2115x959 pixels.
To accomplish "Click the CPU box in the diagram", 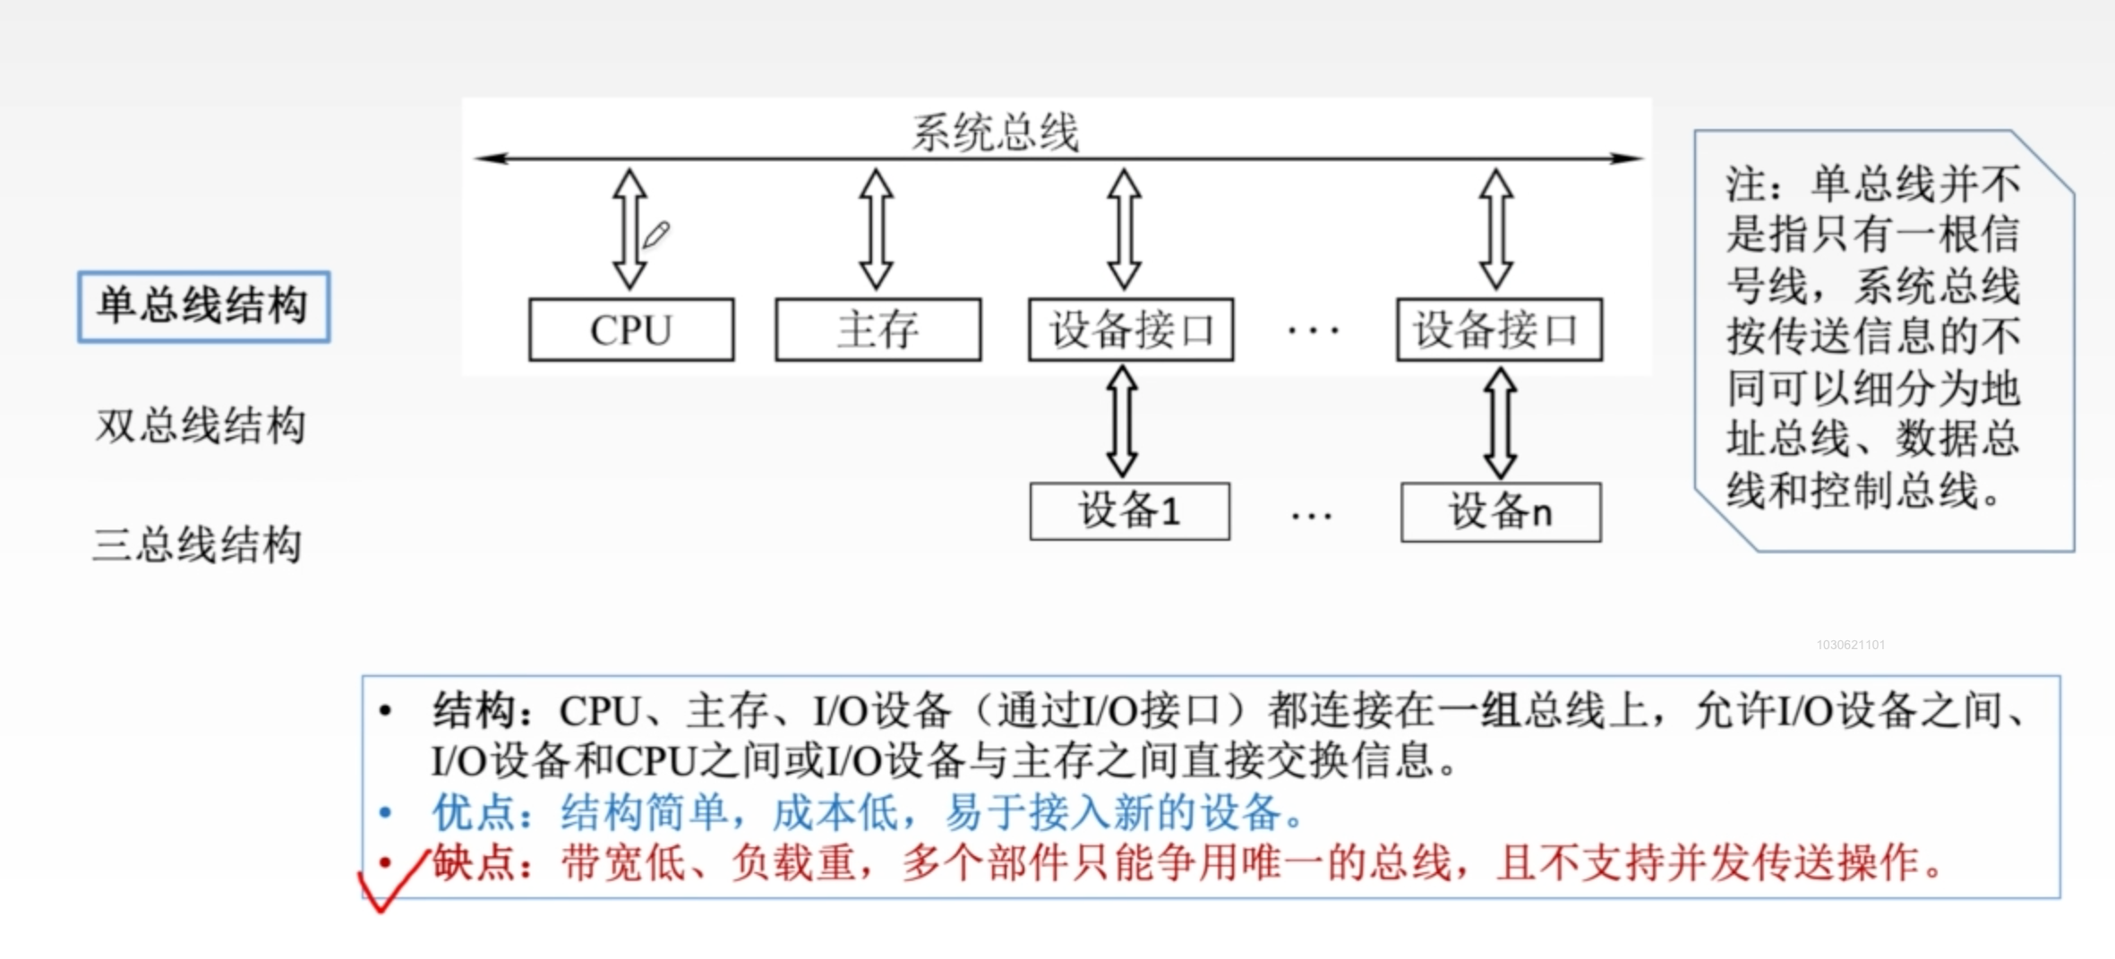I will (631, 330).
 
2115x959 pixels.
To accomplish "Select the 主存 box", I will (878, 330).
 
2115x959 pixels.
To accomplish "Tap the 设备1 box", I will (1129, 512).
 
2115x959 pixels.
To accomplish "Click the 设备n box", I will (1501, 512).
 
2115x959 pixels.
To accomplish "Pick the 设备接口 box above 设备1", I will (1131, 330).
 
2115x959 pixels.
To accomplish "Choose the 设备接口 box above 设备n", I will (1499, 330).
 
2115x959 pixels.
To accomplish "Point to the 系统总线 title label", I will (995, 133).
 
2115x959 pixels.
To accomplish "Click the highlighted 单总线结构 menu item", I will (203, 306).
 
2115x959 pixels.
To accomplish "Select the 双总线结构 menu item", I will (201, 425).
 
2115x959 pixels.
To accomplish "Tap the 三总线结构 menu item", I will (198, 544).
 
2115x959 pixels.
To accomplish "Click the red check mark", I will (392, 882).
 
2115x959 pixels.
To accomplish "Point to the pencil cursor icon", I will (656, 235).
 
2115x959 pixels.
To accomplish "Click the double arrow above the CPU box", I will (629, 229).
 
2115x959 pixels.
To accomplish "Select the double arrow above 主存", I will (876, 229).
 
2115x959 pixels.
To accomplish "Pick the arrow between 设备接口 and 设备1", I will (1122, 421).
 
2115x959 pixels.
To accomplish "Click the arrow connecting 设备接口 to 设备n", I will (1501, 423).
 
